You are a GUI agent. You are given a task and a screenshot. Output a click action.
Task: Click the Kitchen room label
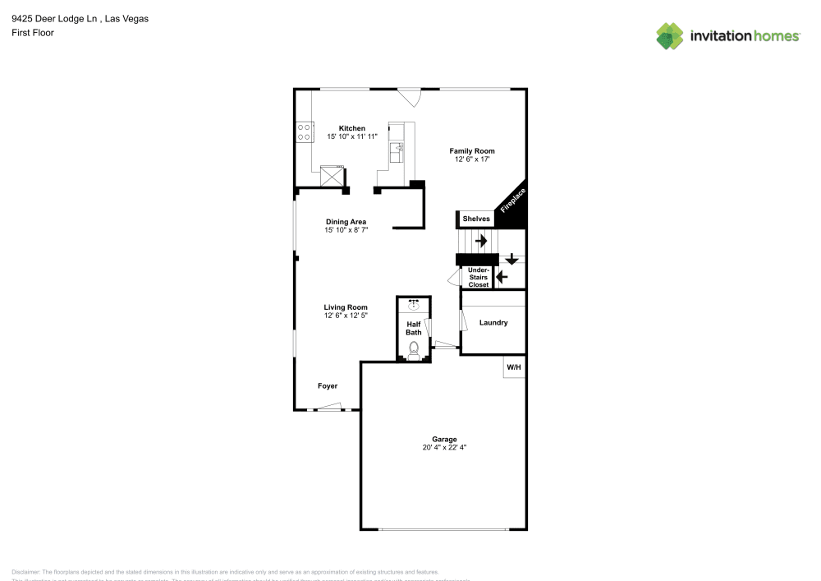click(352, 128)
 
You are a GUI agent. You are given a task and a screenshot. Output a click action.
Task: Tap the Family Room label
click(471, 151)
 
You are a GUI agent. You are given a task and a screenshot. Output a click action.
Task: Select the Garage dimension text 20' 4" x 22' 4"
click(444, 448)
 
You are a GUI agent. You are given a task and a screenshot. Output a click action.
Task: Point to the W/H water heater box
click(514, 367)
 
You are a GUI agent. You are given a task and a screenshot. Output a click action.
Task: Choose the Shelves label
click(476, 219)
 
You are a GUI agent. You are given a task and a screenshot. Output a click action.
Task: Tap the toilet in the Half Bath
click(414, 349)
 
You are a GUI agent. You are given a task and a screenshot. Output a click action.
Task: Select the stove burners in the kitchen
click(304, 131)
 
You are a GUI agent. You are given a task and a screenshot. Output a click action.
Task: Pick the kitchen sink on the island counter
click(397, 150)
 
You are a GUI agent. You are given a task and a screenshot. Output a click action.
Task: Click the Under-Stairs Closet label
click(478, 277)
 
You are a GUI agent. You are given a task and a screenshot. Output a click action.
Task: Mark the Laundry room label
click(493, 323)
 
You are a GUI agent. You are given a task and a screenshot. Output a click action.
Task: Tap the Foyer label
click(328, 385)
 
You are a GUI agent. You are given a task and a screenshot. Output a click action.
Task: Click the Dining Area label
click(346, 222)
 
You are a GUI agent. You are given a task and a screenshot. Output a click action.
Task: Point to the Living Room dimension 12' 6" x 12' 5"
click(346, 316)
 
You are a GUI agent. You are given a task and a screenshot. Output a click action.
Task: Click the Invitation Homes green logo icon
click(670, 35)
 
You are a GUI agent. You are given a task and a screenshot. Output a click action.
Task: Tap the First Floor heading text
click(33, 33)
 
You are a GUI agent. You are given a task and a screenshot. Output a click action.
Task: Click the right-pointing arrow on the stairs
click(480, 241)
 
